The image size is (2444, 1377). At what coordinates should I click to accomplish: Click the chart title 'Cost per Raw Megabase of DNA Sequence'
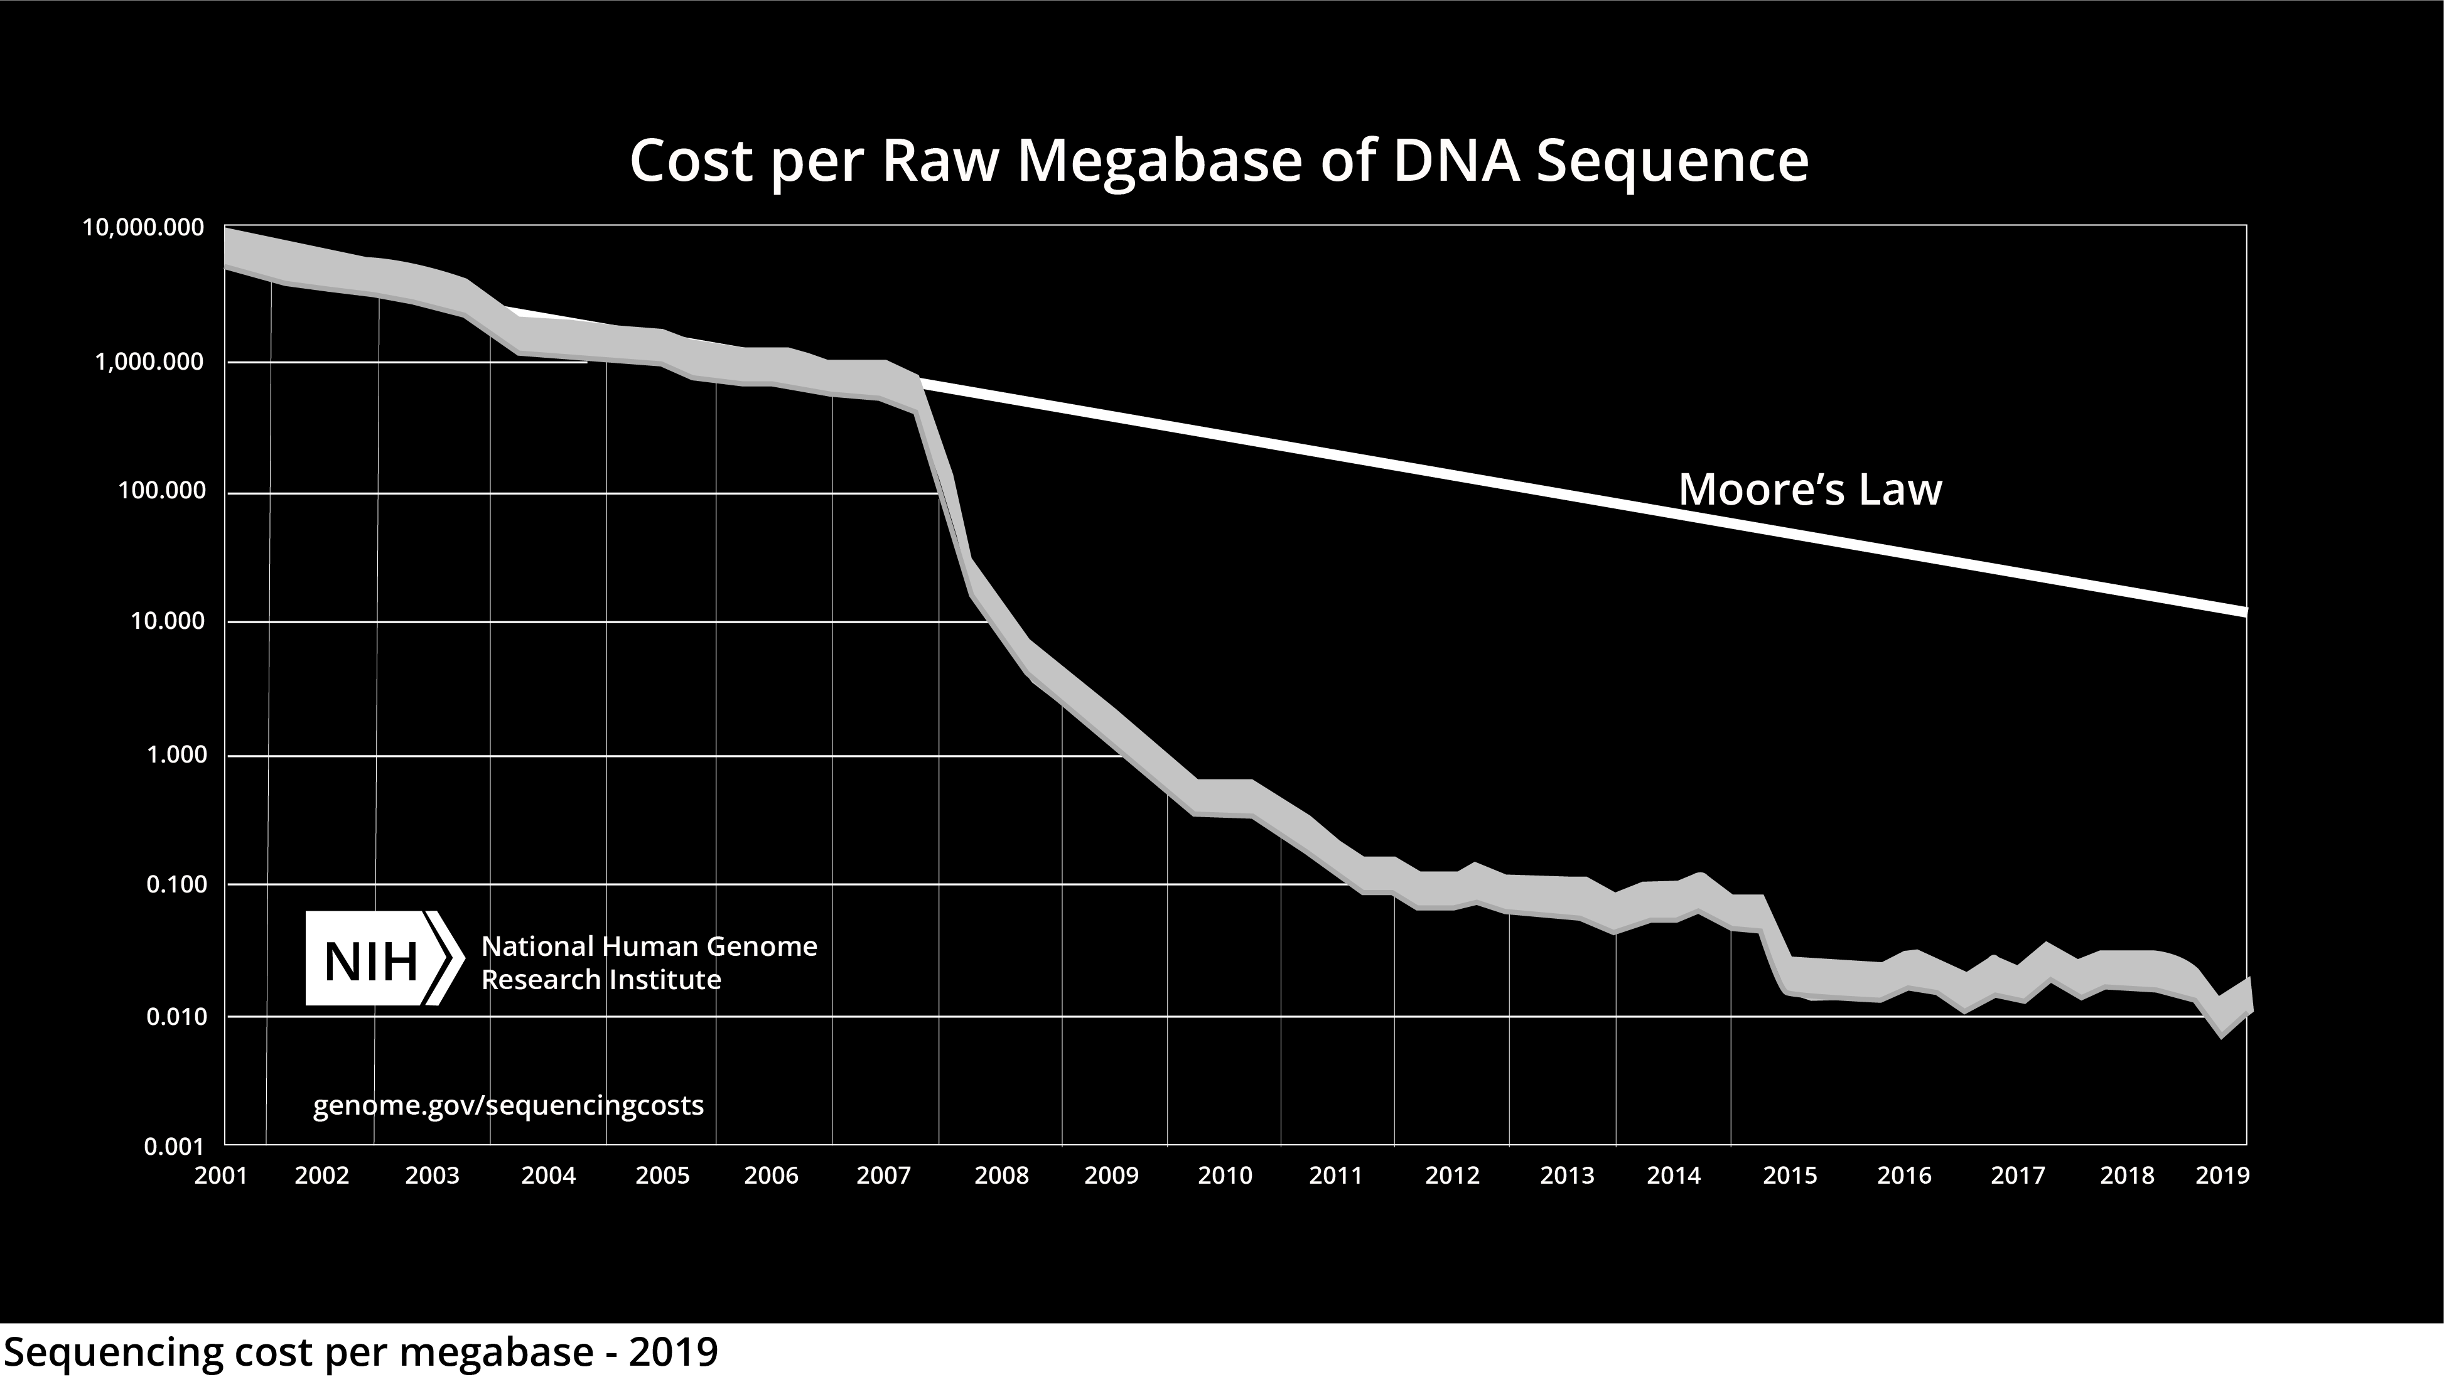(1219, 161)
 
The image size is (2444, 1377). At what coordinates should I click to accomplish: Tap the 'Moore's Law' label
(1810, 490)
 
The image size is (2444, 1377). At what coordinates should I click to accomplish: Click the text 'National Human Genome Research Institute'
(649, 963)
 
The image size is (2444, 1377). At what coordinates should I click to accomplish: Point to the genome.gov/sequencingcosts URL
(509, 1105)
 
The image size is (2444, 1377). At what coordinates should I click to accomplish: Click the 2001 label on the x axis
(221, 1176)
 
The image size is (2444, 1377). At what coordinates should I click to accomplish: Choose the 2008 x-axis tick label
(1002, 1176)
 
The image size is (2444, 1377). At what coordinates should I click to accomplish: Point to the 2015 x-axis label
(1790, 1176)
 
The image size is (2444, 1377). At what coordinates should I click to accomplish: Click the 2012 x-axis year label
(1453, 1176)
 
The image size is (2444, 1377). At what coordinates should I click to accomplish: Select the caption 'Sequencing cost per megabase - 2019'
(360, 1351)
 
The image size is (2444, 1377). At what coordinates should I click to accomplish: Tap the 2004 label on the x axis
(549, 1176)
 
